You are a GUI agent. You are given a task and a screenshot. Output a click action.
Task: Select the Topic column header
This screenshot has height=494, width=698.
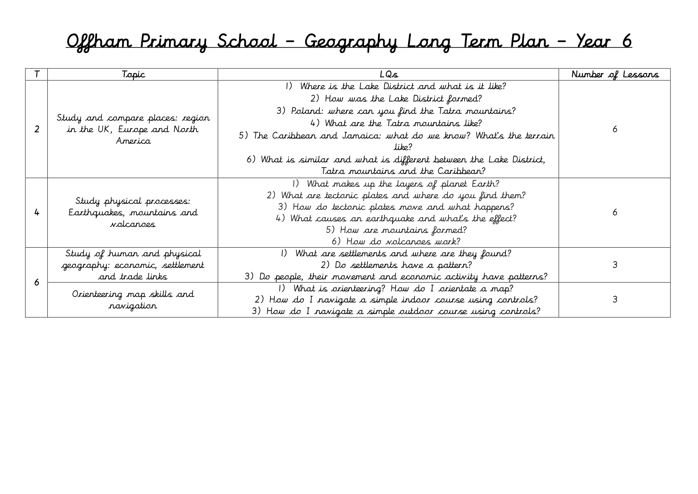click(133, 74)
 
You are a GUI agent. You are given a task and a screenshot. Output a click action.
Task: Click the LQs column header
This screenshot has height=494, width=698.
click(389, 74)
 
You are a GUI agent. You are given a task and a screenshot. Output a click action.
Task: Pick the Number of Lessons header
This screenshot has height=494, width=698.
click(614, 74)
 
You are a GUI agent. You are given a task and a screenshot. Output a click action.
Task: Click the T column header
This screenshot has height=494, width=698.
click(37, 74)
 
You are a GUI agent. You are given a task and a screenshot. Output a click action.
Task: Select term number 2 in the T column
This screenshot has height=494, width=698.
click(37, 129)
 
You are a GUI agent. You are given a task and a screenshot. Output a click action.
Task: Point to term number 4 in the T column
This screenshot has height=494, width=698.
click(37, 213)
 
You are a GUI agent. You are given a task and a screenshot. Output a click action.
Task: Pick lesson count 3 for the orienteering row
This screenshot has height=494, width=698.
click(614, 299)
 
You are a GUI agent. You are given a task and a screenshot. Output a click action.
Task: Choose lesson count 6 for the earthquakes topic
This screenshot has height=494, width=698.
click(614, 212)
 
